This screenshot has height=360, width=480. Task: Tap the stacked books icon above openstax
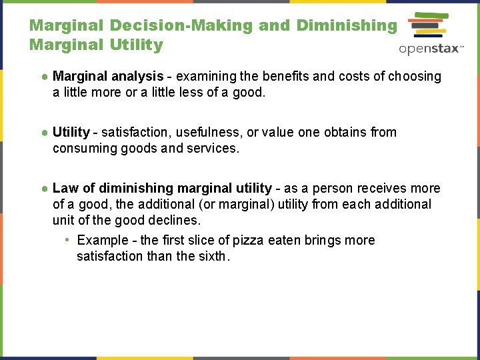point(427,26)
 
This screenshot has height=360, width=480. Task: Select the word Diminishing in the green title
point(346,25)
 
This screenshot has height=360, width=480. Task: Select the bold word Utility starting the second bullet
point(71,132)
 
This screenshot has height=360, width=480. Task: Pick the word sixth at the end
point(212,256)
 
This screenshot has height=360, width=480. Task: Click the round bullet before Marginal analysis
point(44,76)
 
